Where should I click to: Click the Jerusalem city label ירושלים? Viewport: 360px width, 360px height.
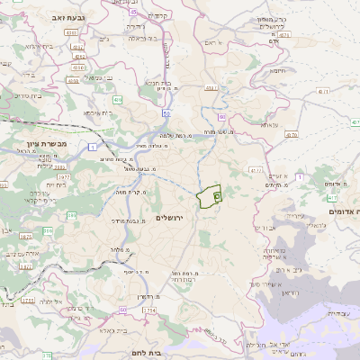pyautogui.click(x=168, y=218)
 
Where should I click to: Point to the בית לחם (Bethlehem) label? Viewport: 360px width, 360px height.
pyautogui.click(x=145, y=354)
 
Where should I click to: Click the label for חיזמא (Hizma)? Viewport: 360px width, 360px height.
pyautogui.click(x=276, y=70)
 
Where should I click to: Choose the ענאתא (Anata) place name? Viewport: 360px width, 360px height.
pyautogui.click(x=269, y=125)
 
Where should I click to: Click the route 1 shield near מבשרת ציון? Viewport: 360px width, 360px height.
pyautogui.click(x=93, y=146)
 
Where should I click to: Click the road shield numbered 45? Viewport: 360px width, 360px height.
pyautogui.click(x=133, y=13)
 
